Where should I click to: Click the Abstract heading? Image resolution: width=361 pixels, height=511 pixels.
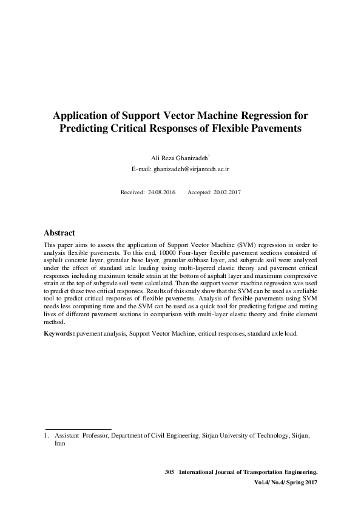click(59, 233)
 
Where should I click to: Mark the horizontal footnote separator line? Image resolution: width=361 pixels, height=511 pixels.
click(78, 429)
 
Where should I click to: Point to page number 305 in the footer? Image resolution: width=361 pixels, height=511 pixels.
click(169, 472)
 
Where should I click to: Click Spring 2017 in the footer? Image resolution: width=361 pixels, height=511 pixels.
click(302, 482)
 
